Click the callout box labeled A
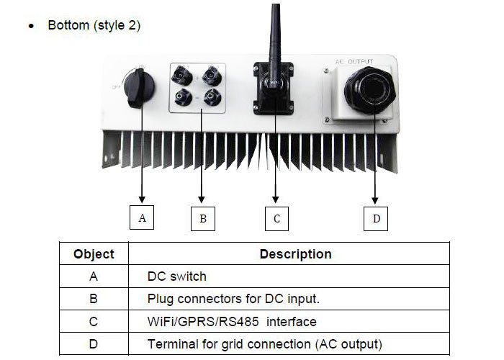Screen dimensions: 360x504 142,217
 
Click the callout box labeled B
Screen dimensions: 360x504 203,218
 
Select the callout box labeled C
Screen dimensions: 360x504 276,218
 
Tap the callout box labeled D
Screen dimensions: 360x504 376,218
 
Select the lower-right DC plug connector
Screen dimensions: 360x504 211,97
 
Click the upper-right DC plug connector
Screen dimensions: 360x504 211,74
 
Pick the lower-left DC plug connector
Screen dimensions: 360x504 183,97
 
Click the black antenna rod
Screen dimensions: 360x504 274,36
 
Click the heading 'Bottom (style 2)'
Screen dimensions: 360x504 94,25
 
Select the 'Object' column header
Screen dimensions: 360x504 94,254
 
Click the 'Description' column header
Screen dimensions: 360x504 295,254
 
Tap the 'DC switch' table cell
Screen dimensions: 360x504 176,276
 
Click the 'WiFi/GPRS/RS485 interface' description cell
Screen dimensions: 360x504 232,321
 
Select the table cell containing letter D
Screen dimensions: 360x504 94,344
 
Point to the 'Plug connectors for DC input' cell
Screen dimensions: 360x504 233,299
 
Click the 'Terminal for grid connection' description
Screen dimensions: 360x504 264,344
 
